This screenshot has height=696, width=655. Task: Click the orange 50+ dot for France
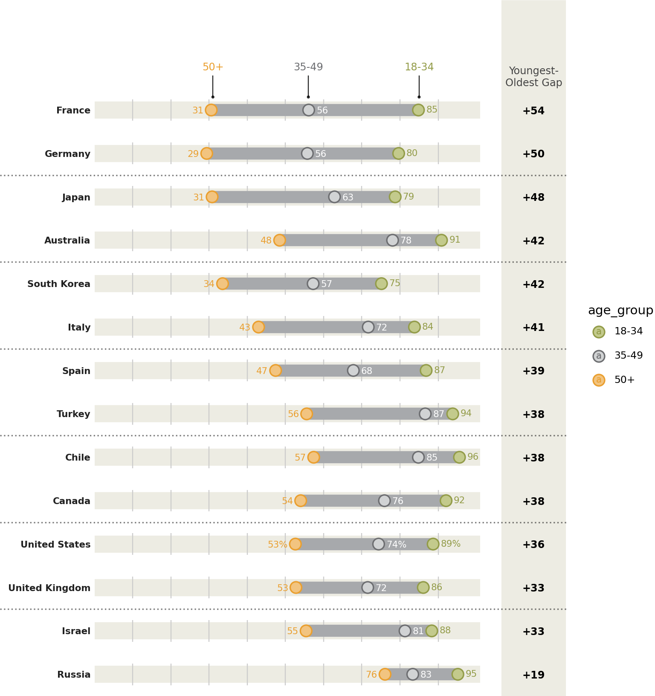click(x=211, y=110)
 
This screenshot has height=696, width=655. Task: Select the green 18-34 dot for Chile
click(x=459, y=457)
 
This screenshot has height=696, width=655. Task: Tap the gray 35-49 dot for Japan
click(x=334, y=197)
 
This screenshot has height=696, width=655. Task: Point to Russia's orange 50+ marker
click(x=385, y=674)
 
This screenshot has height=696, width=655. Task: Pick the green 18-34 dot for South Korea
click(x=381, y=284)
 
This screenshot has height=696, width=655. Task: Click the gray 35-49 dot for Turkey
click(x=425, y=414)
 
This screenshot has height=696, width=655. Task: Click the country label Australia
click(x=67, y=241)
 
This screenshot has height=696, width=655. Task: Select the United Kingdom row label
click(x=49, y=588)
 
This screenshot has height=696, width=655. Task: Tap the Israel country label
click(x=76, y=631)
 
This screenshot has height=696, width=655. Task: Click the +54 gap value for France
click(x=533, y=111)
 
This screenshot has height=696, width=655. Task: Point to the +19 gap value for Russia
click(x=533, y=675)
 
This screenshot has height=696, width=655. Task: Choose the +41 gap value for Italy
click(x=533, y=328)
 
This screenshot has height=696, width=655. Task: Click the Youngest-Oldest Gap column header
click(x=533, y=77)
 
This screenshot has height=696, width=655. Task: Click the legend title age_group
click(x=620, y=310)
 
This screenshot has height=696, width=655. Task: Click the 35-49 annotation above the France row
click(x=308, y=67)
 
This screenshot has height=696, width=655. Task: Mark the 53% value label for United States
click(x=277, y=545)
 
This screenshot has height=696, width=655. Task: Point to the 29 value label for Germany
click(x=193, y=154)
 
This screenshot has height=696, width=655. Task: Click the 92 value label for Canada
click(x=459, y=500)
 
